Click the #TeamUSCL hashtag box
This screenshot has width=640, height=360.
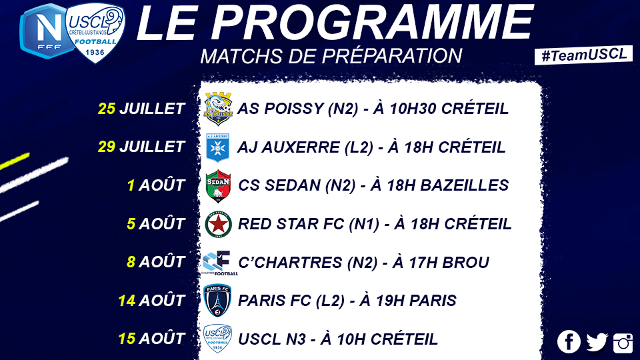(584, 55)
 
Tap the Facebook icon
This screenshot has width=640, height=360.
(569, 341)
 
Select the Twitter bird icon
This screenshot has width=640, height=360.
(597, 342)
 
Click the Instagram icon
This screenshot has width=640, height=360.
(623, 342)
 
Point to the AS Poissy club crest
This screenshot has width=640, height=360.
(219, 109)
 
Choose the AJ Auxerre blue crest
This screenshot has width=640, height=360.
(218, 147)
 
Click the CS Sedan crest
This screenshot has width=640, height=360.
(219, 186)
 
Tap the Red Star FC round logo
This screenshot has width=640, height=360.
(219, 224)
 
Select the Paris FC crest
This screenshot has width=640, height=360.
(217, 301)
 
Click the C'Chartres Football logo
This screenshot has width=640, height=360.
(219, 263)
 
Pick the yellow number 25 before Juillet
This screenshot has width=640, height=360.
(107, 109)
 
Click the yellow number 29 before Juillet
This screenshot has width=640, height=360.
(107, 147)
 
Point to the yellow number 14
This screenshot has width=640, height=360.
(127, 301)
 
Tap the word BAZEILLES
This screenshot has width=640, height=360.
(465, 185)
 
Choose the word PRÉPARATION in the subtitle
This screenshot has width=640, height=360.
(392, 56)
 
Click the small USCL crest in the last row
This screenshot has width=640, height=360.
(217, 339)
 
